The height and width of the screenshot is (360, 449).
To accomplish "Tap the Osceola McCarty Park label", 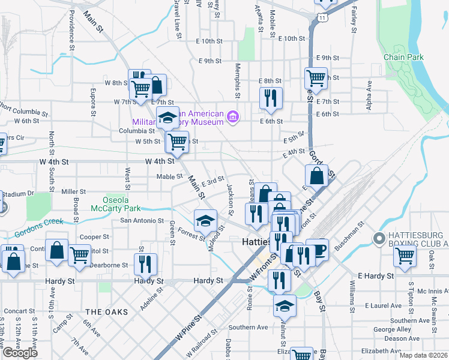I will click(115, 205).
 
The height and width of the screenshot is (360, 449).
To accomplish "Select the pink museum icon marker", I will click(232, 116).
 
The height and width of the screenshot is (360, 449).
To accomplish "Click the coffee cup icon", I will click(318, 250).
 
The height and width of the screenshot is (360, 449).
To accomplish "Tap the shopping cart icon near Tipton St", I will click(405, 256).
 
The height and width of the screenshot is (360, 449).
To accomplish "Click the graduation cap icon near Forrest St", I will click(205, 221).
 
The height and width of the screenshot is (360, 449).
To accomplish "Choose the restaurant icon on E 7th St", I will click(271, 98).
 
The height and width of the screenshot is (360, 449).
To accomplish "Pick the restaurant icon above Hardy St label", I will click(145, 264).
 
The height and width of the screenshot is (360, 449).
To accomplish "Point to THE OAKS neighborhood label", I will click(107, 312).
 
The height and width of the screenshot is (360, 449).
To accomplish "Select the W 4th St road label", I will click(160, 161).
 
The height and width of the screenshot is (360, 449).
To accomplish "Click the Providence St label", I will click(71, 28).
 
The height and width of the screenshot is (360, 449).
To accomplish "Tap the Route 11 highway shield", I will click(324, 17).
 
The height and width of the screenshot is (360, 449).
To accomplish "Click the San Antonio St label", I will click(143, 220).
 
